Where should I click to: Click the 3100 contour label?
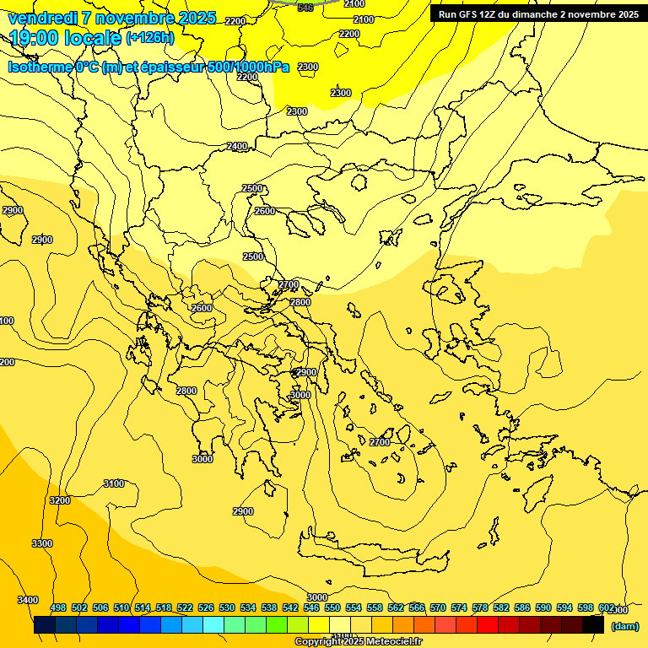(114, 483)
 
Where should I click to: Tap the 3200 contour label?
(60, 500)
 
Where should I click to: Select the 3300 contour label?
(42, 543)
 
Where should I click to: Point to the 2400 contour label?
(237, 147)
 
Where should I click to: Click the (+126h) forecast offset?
(149, 38)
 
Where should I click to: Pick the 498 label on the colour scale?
(58, 608)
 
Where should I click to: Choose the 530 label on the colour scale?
(227, 608)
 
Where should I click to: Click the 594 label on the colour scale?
(564, 608)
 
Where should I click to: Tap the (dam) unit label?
(624, 626)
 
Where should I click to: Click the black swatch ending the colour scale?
(593, 626)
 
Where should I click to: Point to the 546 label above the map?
(305, 8)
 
